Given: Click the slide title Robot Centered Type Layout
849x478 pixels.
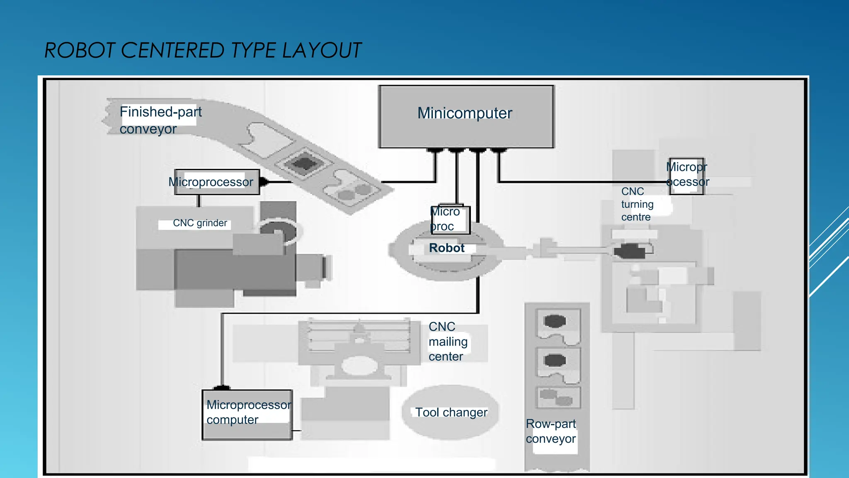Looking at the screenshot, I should coord(203,51).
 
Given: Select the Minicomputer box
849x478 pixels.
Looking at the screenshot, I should coord(466,117).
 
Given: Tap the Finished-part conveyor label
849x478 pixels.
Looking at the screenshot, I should coord(160,120).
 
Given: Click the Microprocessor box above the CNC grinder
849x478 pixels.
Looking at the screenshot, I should coord(216,182).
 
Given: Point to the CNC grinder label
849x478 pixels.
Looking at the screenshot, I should coord(200,223).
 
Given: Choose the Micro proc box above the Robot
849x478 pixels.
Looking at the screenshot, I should coord(450,219).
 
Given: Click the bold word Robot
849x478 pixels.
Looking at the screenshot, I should coord(446,248).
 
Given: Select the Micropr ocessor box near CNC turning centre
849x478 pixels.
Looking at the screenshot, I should coord(686,176).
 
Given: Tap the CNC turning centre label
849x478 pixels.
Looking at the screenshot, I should coord(637,204).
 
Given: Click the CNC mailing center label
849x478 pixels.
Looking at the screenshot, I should coord(448,341).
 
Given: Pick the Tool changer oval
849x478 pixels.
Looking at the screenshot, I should coord(451,412).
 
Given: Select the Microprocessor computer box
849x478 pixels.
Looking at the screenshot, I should coord(247,415).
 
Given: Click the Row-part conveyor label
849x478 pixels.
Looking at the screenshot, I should coord(551,431).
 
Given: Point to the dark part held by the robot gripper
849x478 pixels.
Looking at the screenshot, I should coord(629,251).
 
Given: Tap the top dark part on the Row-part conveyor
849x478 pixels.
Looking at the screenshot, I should coord(555,321).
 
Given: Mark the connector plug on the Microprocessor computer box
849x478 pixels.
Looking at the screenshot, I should coord(222,388).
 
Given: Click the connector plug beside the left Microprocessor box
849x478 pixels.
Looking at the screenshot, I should coord(264,182).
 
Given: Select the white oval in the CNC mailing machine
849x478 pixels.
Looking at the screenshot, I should coord(359,366).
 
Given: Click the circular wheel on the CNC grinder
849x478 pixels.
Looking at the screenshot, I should coord(278,230).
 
